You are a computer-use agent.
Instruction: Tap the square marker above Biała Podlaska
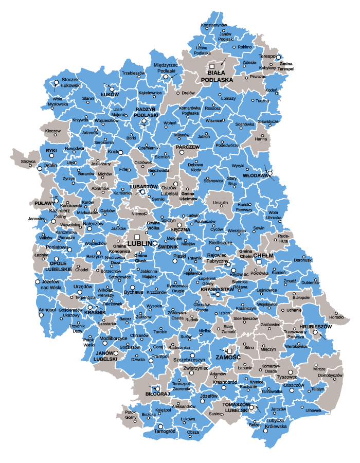click(211, 66)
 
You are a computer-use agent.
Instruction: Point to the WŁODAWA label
click(256, 175)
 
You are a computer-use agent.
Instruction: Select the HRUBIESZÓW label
click(314, 327)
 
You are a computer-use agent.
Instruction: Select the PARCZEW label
click(187, 147)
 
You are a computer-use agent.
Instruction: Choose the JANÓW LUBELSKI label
click(105, 356)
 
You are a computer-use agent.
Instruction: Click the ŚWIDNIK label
click(168, 246)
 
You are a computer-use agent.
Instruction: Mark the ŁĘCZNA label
click(181, 229)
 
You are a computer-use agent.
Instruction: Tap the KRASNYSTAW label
click(217, 289)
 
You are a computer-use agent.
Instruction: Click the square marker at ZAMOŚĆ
click(229, 351)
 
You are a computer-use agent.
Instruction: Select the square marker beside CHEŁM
click(259, 261)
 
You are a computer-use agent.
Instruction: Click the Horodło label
click(336, 317)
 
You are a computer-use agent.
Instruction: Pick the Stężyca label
click(28, 161)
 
